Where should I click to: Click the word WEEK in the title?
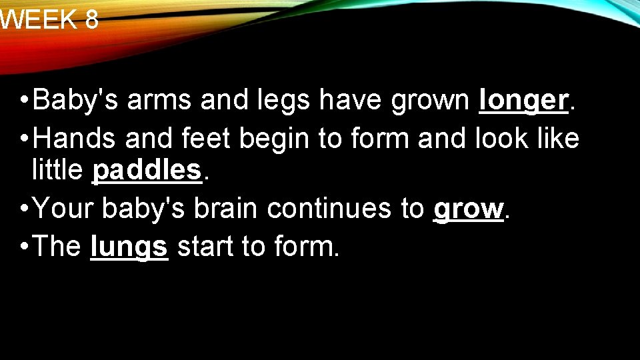pyautogui.click(x=39, y=20)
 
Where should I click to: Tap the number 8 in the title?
pyautogui.click(x=92, y=20)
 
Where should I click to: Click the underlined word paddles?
pyautogui.click(x=147, y=171)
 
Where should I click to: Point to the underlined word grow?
pyautogui.click(x=468, y=209)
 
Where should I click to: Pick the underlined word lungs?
pyautogui.click(x=129, y=247)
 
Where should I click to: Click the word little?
pyautogui.click(x=58, y=171)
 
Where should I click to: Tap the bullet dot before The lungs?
pyautogui.click(x=23, y=247)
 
